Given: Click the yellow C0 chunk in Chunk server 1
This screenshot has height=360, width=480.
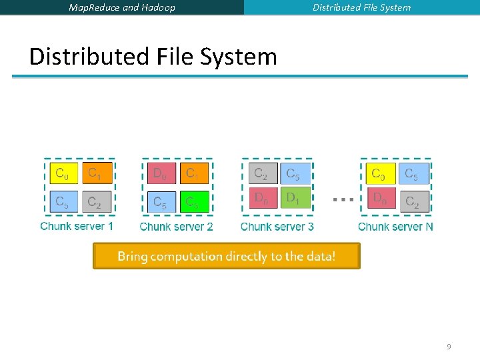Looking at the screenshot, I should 63,175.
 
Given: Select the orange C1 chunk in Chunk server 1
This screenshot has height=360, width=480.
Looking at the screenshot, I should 97,175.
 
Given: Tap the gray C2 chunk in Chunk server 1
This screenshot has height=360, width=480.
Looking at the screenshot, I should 97,201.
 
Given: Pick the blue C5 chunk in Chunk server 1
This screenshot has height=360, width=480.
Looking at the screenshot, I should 63,201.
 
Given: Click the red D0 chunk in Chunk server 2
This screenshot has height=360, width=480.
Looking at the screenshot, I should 161,175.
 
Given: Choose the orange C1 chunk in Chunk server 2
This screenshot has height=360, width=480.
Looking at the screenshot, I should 194,175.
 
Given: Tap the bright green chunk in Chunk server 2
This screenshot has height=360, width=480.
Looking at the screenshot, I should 194,201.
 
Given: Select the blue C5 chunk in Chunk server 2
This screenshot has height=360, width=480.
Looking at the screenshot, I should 161,201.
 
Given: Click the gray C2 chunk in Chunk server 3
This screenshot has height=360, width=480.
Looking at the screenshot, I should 263,175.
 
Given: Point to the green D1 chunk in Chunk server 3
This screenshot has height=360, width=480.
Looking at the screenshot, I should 295,198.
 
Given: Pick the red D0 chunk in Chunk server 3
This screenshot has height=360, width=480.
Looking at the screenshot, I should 263,198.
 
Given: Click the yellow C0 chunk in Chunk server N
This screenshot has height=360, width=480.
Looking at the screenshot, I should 381,175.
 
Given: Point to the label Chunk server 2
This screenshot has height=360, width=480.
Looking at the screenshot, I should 177,227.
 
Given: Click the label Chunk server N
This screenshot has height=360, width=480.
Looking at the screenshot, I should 395,227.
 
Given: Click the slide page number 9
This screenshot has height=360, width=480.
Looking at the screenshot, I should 449,347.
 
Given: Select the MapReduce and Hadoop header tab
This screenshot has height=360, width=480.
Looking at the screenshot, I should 122,7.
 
